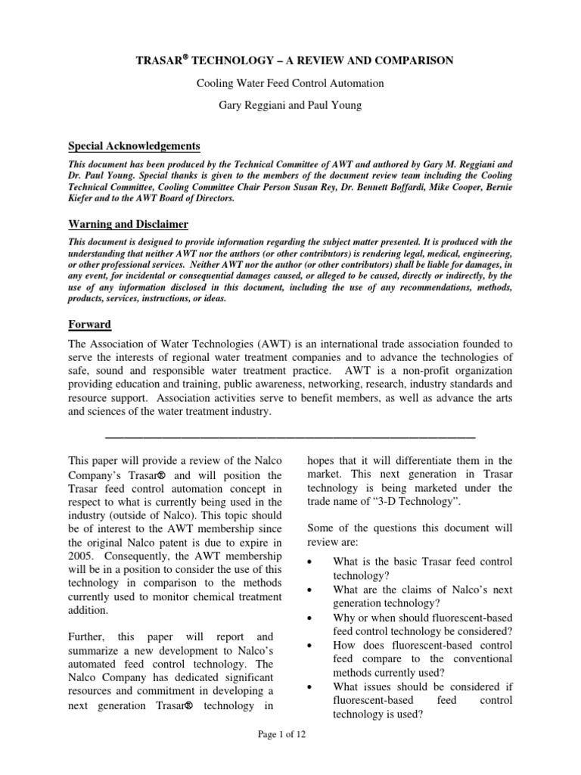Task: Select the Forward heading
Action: coord(90,324)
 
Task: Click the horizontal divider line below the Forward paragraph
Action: coord(290,438)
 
